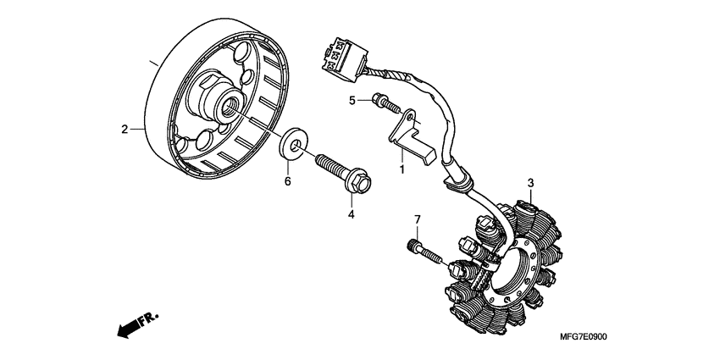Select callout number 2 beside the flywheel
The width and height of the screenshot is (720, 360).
pyautogui.click(x=124, y=130)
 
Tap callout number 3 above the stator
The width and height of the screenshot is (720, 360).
pyautogui.click(x=530, y=183)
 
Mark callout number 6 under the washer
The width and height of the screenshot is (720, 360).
pyautogui.click(x=287, y=181)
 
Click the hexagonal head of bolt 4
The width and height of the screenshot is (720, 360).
pyautogui.click(x=360, y=181)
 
